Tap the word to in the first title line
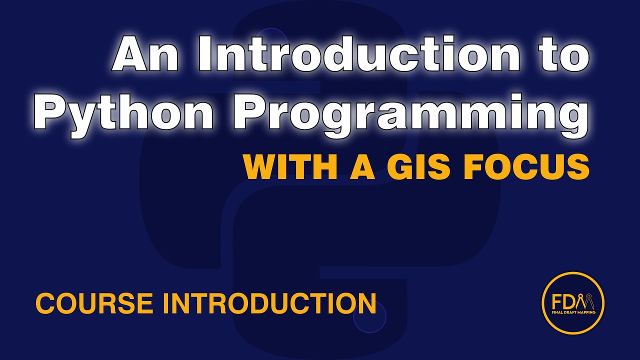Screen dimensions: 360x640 pyautogui.click(x=561, y=55)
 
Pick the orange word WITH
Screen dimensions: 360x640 pyautogui.click(x=288, y=167)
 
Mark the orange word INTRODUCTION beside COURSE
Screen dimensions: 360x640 pyautogui.click(x=269, y=303)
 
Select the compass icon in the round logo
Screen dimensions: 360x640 pyautogui.click(x=584, y=301)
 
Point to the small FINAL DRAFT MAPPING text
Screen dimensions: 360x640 pyautogui.click(x=573, y=313)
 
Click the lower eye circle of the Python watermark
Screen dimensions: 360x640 pyautogui.click(x=369, y=317)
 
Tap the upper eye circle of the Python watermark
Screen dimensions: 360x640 pyautogui.click(x=270, y=42)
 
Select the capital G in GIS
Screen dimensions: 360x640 pyautogui.click(x=401, y=167)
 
